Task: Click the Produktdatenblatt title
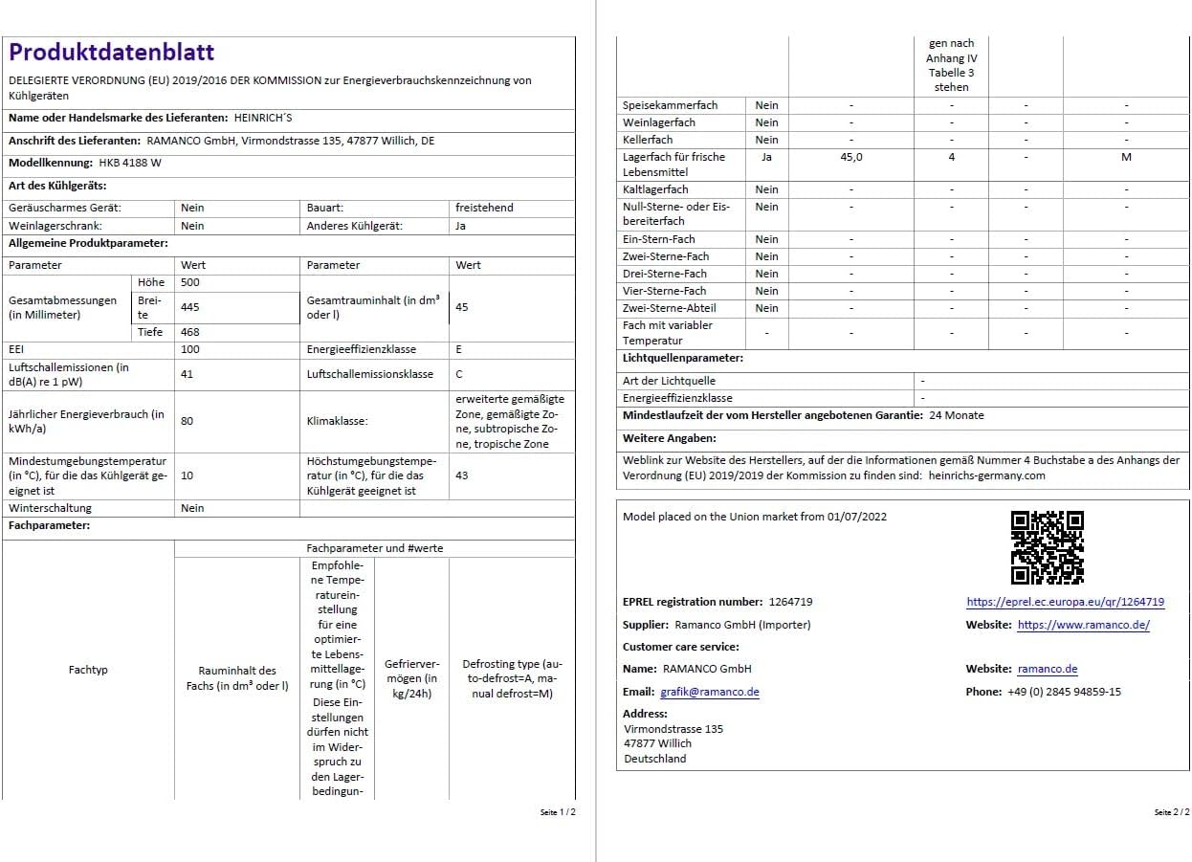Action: pos(112,53)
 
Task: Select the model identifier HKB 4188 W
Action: pos(130,164)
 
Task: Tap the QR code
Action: pos(1048,547)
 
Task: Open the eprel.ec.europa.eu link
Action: pos(1065,603)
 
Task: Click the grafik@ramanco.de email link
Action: pos(709,692)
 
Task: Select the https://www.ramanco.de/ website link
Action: pos(1083,626)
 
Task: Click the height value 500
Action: pos(190,283)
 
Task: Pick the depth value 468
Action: pos(190,332)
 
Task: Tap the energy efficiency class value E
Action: pos(459,350)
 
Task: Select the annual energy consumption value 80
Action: pos(187,421)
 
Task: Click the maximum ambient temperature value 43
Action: pos(462,475)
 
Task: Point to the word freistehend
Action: pos(484,208)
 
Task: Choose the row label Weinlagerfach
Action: pos(659,122)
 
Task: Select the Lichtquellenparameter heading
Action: pos(682,358)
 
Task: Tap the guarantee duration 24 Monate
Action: pos(956,415)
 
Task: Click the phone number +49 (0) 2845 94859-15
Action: pos(1064,692)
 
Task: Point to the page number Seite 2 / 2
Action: pos(1171,812)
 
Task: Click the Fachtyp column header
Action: pos(88,670)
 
